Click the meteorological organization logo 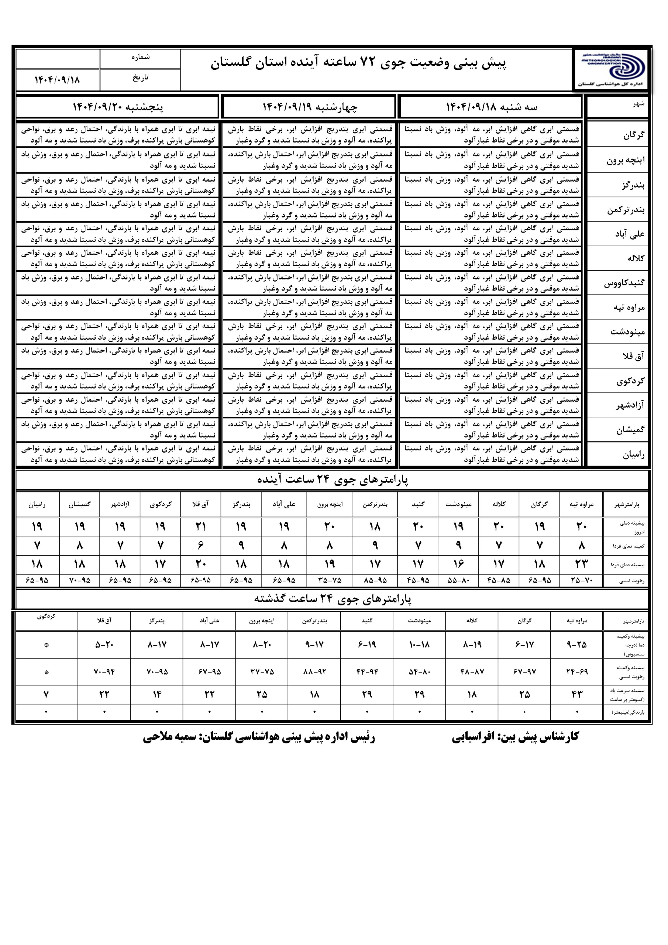point(611,68)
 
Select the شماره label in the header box point(140,57)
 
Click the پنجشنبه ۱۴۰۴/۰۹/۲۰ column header point(118,107)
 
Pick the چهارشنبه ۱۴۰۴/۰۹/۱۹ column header point(310,107)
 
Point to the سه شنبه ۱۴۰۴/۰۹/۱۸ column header point(492,107)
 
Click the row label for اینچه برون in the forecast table point(625,160)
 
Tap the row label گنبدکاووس point(624,283)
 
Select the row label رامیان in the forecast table point(633,455)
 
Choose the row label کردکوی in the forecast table point(630,381)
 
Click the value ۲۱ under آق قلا point(201,527)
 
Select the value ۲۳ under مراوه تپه point(581,564)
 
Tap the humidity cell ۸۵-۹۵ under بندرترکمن point(375,581)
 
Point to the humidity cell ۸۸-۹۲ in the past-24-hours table point(314,672)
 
